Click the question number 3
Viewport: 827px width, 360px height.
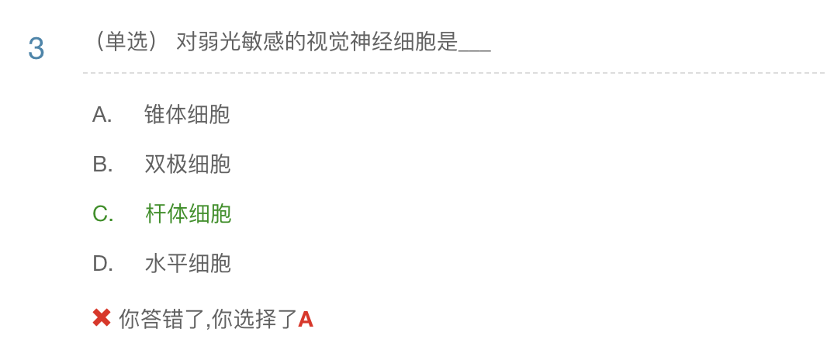(36, 49)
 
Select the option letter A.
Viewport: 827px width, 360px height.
(102, 115)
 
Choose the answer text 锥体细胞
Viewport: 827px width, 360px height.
(187, 115)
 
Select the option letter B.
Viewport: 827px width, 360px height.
(102, 164)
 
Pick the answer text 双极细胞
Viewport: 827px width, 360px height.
(187, 164)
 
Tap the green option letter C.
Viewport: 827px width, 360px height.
(102, 214)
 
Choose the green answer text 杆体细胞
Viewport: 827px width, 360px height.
(188, 214)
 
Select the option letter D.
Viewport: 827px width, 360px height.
(102, 264)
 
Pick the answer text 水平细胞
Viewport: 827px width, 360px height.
(187, 264)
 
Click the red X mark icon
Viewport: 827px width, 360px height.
(102, 317)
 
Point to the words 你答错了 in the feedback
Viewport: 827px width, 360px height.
(161, 319)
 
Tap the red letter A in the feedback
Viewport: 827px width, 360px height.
(306, 319)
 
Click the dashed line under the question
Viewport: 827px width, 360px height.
(453, 73)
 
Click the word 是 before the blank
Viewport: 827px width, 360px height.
(448, 42)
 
